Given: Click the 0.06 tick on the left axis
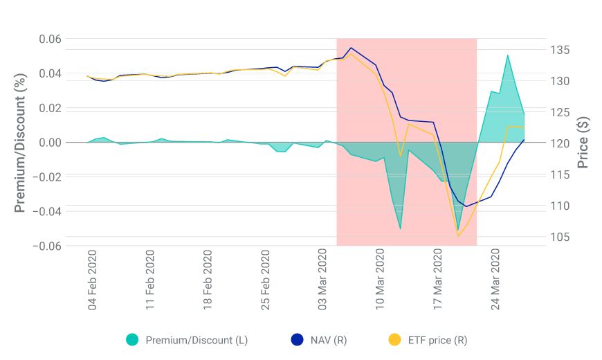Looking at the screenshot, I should pyautogui.click(x=51, y=39).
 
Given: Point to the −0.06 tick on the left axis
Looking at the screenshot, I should pyautogui.click(x=48, y=246).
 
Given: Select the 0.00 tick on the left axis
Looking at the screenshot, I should pyautogui.click(x=51, y=143).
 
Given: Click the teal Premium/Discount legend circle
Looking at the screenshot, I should pyautogui.click(x=133, y=340).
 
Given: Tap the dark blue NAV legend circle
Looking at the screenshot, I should pyautogui.click(x=298, y=340).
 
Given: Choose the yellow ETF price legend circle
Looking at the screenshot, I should pyautogui.click(x=394, y=340).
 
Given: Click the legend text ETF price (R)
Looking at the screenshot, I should pyautogui.click(x=438, y=340).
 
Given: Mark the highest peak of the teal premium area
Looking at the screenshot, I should pyautogui.click(x=508, y=55).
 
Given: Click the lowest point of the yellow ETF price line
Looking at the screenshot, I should pyautogui.click(x=458, y=236).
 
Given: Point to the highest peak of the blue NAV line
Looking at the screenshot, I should pyautogui.click(x=352, y=48).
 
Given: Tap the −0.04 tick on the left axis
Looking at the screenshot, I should pyautogui.click(x=48, y=211).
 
